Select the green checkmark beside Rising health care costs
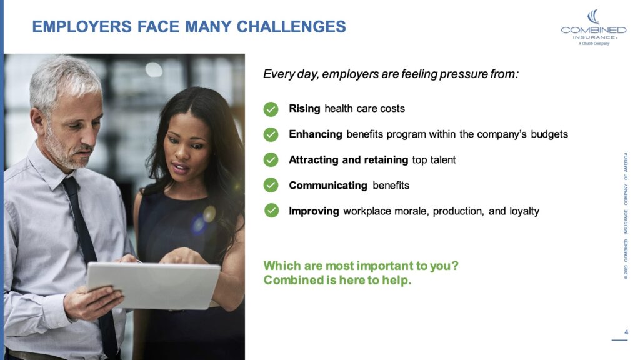pyautogui.click(x=271, y=109)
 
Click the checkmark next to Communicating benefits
pyautogui.click(x=271, y=185)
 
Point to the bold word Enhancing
pyautogui.click(x=315, y=134)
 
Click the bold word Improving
pyautogui.click(x=314, y=211)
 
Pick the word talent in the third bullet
pyautogui.click(x=442, y=159)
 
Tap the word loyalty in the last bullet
pyautogui.click(x=524, y=211)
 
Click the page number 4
pyautogui.click(x=626, y=331)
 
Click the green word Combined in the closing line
pyautogui.click(x=291, y=280)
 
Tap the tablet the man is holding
pyautogui.click(x=153, y=284)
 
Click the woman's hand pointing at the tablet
pyautogui.click(x=182, y=256)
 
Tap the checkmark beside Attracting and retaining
pyautogui.click(x=271, y=160)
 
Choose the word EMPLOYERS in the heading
pyautogui.click(x=79, y=27)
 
